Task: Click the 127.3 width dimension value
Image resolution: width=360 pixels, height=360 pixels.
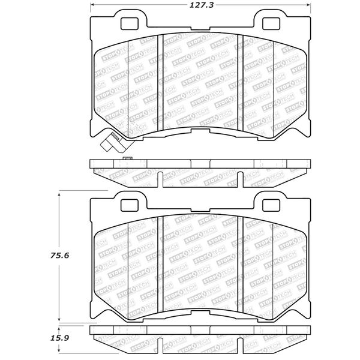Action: (202, 5)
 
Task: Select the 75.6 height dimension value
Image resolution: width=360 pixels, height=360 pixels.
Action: (59, 256)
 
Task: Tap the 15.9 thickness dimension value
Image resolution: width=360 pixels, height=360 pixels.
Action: (59, 338)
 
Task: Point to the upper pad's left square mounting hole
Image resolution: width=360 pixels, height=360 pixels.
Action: (130, 23)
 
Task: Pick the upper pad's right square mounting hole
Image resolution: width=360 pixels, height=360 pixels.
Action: (271, 23)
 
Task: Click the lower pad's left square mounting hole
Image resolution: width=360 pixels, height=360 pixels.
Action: (130, 205)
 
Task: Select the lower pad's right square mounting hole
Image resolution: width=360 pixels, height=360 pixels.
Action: (271, 205)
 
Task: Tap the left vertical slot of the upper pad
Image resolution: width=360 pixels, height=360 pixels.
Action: (160, 83)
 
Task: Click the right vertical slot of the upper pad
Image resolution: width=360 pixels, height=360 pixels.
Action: (241, 83)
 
